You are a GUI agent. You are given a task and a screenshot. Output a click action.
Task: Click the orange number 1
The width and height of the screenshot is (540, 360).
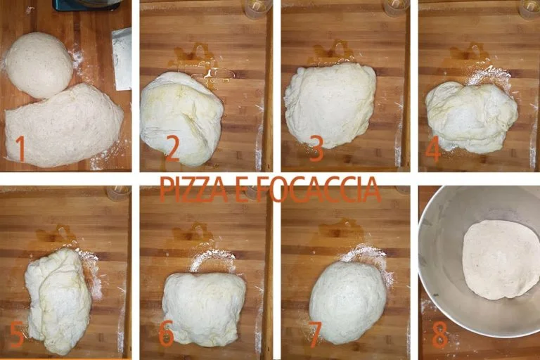tap(20, 148)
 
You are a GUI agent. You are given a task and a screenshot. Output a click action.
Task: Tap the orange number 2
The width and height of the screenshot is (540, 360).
tap(172, 148)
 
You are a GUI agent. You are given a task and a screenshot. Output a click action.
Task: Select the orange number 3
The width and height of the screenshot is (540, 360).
tap(316, 149)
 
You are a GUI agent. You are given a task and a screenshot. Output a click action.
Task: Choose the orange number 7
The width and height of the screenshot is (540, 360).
tap(314, 335)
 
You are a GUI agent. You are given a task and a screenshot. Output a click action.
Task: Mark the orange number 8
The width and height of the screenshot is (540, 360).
tap(440, 335)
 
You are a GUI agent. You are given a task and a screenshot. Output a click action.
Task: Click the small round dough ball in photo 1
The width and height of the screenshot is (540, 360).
tap(39, 65)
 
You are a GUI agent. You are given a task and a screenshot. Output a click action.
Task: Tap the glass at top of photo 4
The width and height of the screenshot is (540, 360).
tap(529, 8)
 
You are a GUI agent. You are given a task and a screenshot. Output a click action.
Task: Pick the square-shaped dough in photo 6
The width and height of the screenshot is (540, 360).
tap(204, 308)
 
